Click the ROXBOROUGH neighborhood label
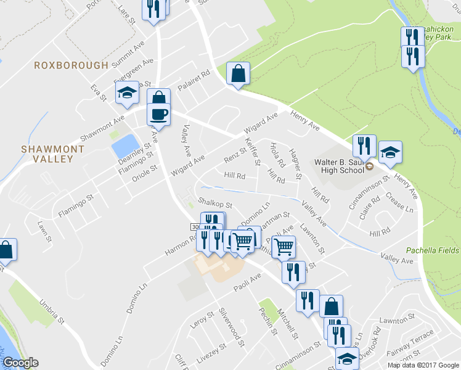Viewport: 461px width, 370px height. tap(71, 65)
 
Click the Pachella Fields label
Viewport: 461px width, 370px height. tap(432, 250)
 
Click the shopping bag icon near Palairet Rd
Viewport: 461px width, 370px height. tap(238, 73)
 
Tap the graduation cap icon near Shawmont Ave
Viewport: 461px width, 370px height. tap(127, 93)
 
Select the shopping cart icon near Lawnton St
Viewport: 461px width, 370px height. tap(284, 247)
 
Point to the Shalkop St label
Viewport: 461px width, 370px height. tap(214, 203)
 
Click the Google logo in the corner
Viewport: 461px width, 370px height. tap(20, 363)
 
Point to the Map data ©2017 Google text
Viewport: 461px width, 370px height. tap(423, 365)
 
